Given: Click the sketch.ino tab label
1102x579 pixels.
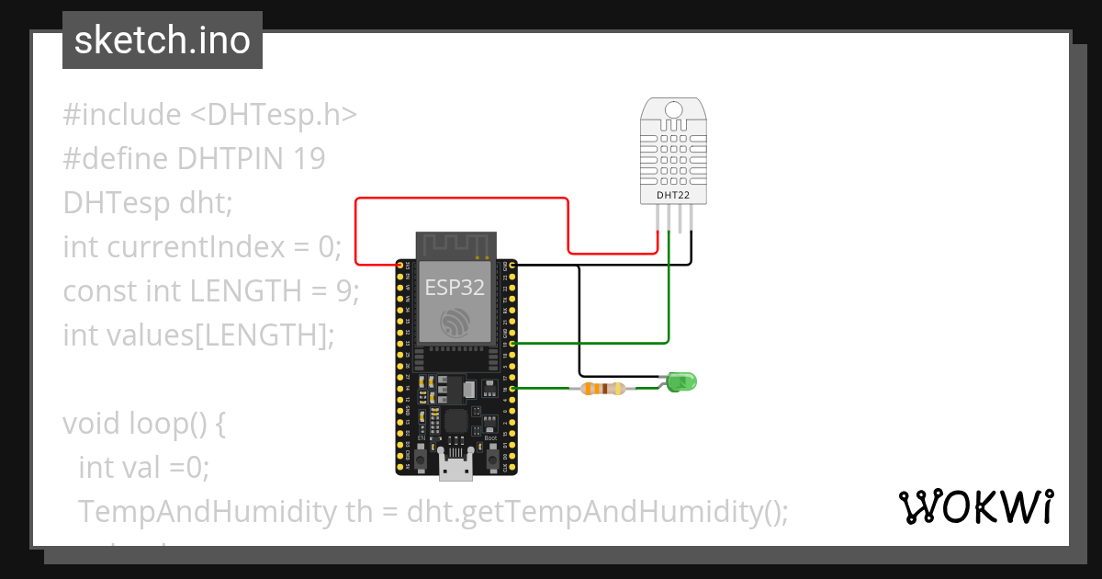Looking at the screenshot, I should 163,40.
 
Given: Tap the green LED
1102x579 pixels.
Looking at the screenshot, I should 680,380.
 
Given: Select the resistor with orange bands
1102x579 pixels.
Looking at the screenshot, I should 602,389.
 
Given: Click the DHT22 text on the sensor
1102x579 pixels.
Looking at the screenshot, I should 673,195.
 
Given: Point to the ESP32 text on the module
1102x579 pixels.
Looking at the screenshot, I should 455,287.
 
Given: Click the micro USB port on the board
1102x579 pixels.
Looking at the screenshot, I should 456,469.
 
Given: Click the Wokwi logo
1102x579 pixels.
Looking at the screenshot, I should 975,506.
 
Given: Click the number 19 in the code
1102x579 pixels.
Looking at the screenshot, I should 309,159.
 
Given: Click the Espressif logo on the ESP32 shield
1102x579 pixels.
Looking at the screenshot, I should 455,323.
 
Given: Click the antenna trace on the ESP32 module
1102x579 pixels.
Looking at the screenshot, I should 456,245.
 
